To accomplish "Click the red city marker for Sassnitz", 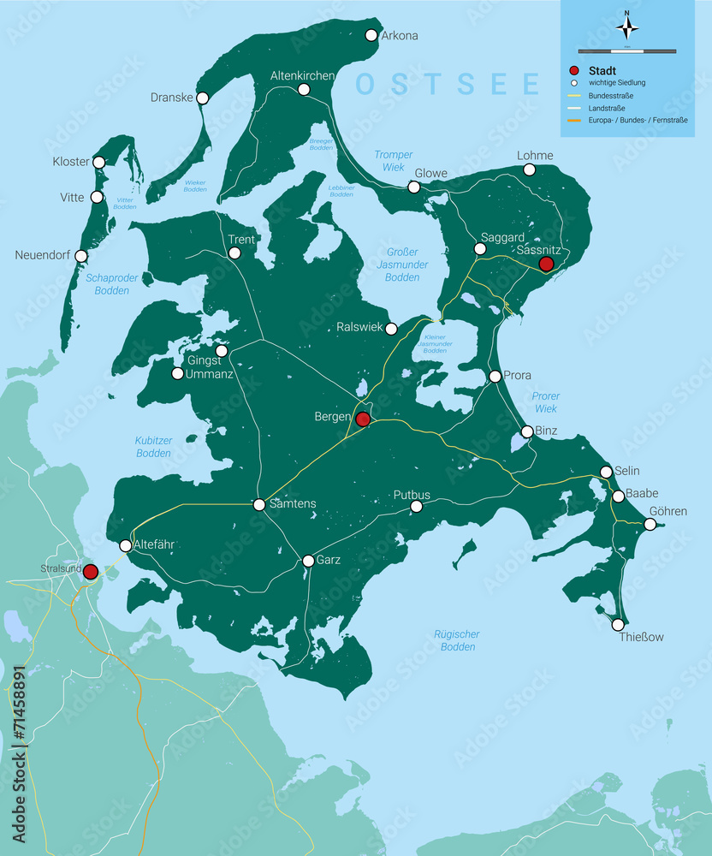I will pyautogui.click(x=546, y=264).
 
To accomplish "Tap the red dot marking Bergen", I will pyautogui.click(x=363, y=419).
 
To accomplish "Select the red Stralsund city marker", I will pyautogui.click(x=90, y=572).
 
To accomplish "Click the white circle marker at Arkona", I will pyautogui.click(x=371, y=35).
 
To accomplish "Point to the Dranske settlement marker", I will pyautogui.click(x=203, y=98).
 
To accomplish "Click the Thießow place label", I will pyautogui.click(x=642, y=637).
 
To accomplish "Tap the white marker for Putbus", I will pyautogui.click(x=416, y=507).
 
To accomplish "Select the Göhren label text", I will pyautogui.click(x=667, y=511).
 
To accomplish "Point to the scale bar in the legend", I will pyautogui.click(x=627, y=51).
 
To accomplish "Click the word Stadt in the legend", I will pyautogui.click(x=604, y=70).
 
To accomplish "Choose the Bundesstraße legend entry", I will pyautogui.click(x=611, y=96).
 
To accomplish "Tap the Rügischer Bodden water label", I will pyautogui.click(x=457, y=640).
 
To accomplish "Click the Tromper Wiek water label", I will pyautogui.click(x=393, y=161).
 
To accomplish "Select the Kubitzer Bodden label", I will pyautogui.click(x=153, y=447).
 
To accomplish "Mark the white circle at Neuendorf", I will pyautogui.click(x=81, y=256).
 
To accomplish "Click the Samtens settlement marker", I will pyautogui.click(x=259, y=505).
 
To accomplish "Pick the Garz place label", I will pyautogui.click(x=329, y=560).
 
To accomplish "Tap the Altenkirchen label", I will pyautogui.click(x=302, y=76).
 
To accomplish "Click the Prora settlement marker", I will pyautogui.click(x=495, y=377).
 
